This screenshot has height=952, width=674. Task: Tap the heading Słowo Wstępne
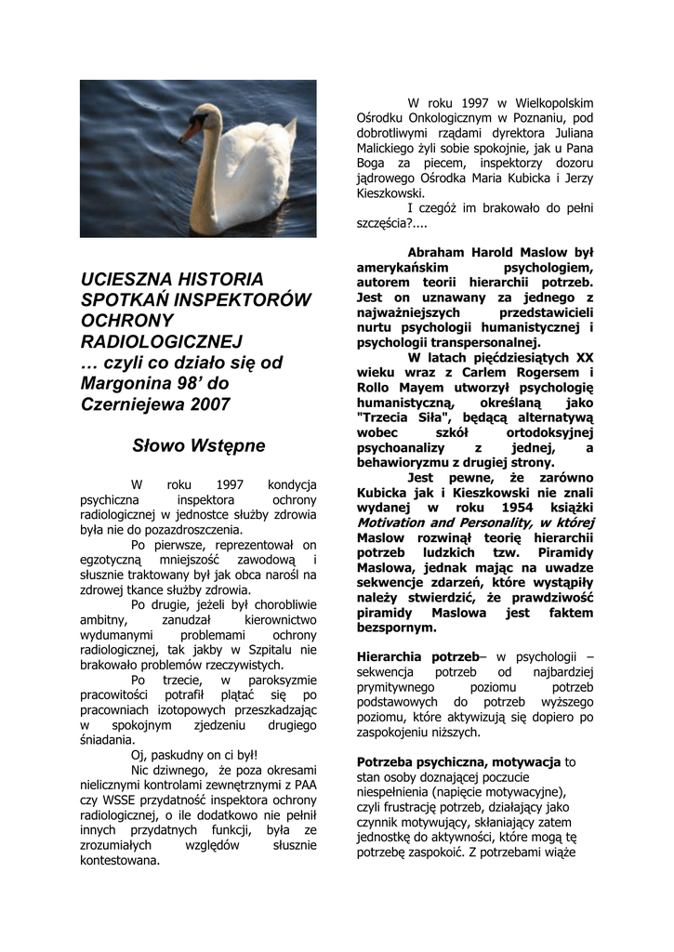pos(198,446)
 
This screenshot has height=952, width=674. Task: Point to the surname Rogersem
pos(547,373)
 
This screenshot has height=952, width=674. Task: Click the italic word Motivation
pos(394,523)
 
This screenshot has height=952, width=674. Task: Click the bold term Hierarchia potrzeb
pos(416,657)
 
